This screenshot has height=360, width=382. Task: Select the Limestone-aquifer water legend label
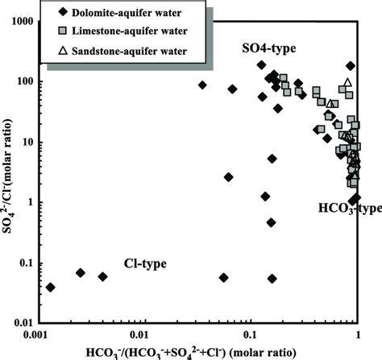pyautogui.click(x=126, y=32)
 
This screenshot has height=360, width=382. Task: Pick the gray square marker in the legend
pyautogui.click(x=64, y=32)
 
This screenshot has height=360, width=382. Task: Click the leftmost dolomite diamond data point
pyautogui.click(x=51, y=287)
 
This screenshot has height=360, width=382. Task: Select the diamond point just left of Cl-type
pyautogui.click(x=102, y=276)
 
